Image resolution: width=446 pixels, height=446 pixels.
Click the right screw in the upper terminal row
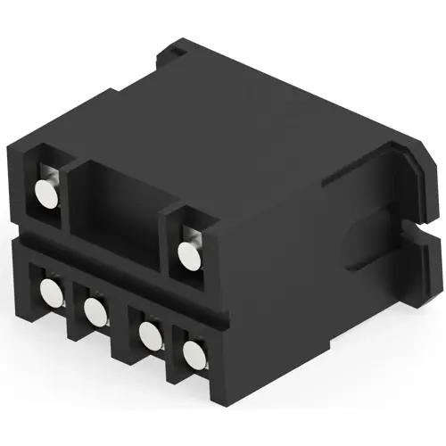point(188,255)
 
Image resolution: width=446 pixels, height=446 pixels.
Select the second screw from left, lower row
point(94,311)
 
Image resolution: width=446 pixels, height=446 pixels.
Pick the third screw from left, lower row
point(147,336)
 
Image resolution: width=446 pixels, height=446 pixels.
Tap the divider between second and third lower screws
point(121,326)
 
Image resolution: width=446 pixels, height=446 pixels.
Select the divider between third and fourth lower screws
point(169,348)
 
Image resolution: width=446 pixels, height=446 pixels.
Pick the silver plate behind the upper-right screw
point(198,236)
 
